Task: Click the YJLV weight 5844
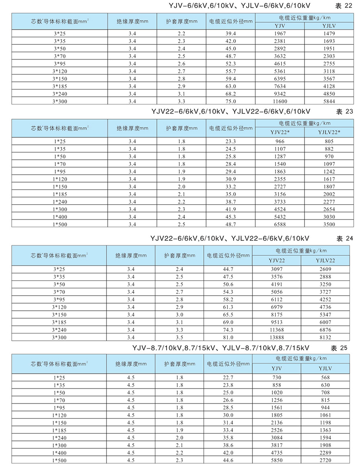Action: click(329, 101)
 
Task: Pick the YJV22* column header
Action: click(279, 132)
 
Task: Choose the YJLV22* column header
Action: click(329, 132)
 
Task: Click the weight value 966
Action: click(279, 141)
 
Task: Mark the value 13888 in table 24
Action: click(276, 337)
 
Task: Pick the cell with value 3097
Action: click(276, 269)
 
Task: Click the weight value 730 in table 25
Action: click(276, 377)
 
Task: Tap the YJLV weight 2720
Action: click(325, 460)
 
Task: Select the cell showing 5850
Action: click(276, 460)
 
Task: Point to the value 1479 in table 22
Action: click(329, 33)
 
